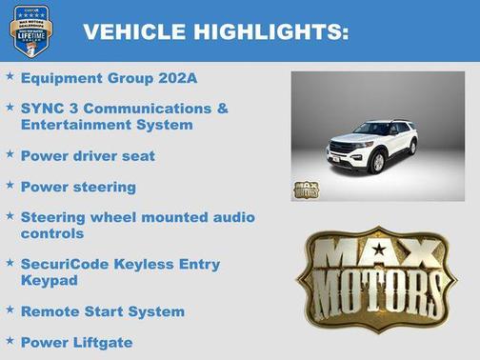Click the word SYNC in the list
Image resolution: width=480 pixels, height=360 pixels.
41,109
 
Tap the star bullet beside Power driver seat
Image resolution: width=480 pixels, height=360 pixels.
10,152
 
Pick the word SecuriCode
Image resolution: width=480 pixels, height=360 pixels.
66,264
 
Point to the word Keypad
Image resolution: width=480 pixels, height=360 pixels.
50,279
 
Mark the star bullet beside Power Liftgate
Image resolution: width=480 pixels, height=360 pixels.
10,340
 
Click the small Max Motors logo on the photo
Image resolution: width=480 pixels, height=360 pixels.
306,189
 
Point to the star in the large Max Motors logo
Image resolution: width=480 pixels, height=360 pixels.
379,250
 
